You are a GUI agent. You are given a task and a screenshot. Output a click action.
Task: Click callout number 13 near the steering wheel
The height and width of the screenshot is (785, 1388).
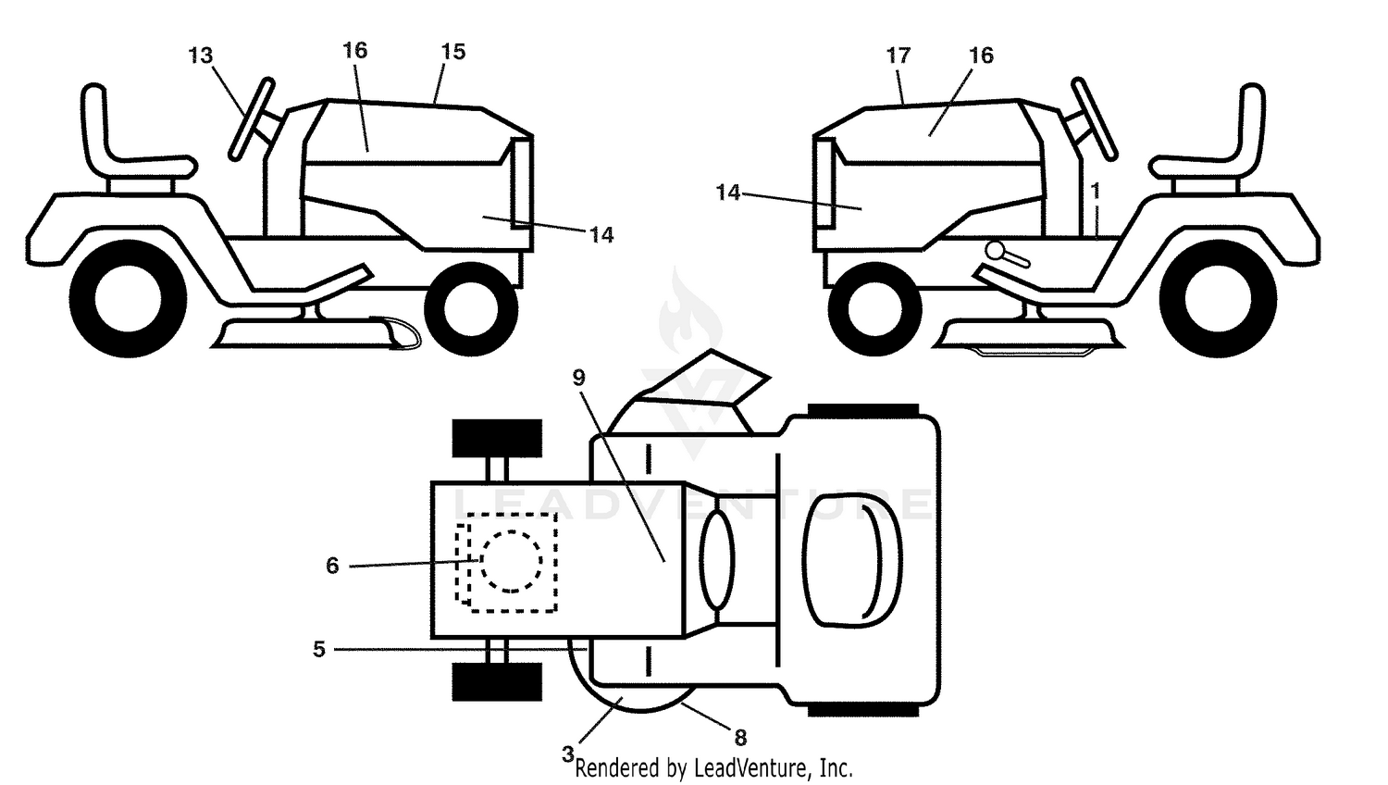200,56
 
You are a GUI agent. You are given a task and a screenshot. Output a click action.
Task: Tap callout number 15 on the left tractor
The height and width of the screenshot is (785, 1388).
453,52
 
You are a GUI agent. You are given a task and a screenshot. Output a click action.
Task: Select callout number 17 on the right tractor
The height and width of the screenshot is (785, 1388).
898,56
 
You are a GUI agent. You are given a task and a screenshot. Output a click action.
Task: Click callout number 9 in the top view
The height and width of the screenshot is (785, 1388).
578,378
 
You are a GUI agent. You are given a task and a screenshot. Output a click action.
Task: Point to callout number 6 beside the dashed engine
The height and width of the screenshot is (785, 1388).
333,566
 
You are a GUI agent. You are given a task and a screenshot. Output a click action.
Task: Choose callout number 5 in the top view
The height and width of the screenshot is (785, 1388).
319,649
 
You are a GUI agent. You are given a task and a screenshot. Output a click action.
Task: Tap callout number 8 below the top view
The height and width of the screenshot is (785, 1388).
740,738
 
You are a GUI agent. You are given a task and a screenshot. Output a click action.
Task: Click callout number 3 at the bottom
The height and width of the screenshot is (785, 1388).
567,754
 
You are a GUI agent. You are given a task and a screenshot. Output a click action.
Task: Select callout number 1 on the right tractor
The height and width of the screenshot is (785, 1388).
1096,191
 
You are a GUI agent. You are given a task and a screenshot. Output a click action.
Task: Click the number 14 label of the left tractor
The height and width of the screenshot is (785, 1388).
601,235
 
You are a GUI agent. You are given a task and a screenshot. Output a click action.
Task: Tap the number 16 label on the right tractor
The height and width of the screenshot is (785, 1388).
981,56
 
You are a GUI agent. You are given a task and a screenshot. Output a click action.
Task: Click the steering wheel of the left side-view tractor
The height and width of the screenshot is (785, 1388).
251,119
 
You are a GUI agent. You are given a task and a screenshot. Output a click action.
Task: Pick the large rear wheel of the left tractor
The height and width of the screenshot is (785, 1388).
128,298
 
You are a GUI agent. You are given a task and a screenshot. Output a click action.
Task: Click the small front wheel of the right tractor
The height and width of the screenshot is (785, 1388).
875,309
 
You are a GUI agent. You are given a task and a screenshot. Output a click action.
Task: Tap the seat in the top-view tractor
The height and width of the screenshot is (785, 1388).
852,559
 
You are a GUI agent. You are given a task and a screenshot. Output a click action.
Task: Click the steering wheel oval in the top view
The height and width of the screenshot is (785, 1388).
717,559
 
